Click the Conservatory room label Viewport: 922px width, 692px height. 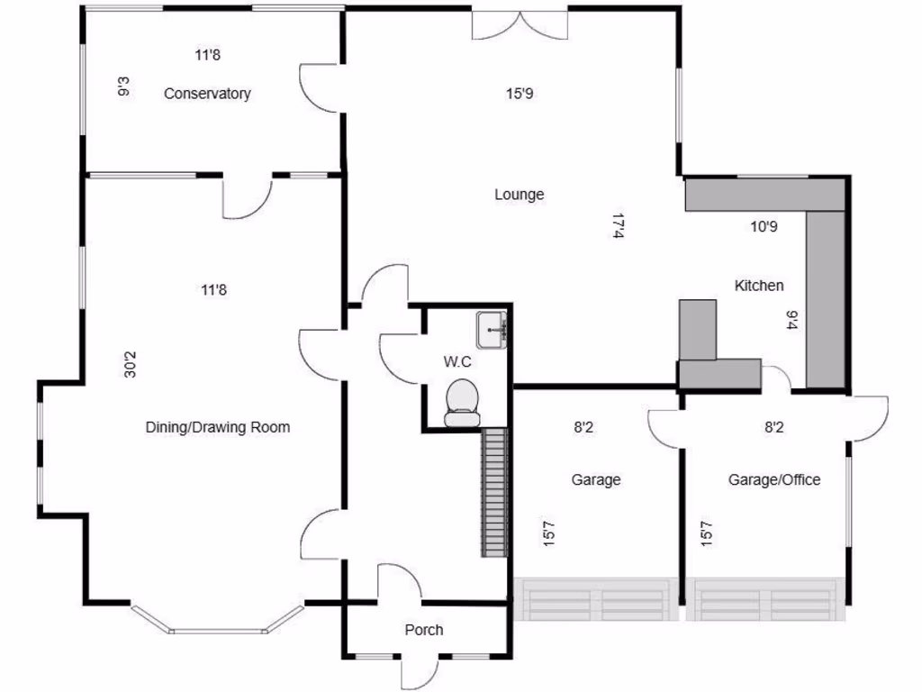coord(207,94)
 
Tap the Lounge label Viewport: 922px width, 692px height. coord(520,195)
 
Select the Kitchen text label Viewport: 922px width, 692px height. coord(759,286)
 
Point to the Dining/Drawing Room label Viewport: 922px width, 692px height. coord(218,427)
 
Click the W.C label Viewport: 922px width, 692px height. coord(457,361)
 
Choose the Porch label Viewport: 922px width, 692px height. coord(423,630)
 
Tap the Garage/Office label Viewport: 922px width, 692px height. coord(774,480)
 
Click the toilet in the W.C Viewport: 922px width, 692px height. coord(464,402)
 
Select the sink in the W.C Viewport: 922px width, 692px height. coord(493,331)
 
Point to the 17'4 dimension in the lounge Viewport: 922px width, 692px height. coord(618,226)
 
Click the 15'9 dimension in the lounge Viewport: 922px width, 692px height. coord(520,93)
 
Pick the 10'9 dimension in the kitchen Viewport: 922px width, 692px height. coord(764,227)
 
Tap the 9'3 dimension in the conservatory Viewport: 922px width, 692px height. coord(123,87)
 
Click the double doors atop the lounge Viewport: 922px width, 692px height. coord(520,25)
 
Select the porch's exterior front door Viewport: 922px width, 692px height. coord(420,671)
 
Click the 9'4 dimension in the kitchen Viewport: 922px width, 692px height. coord(792,320)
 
